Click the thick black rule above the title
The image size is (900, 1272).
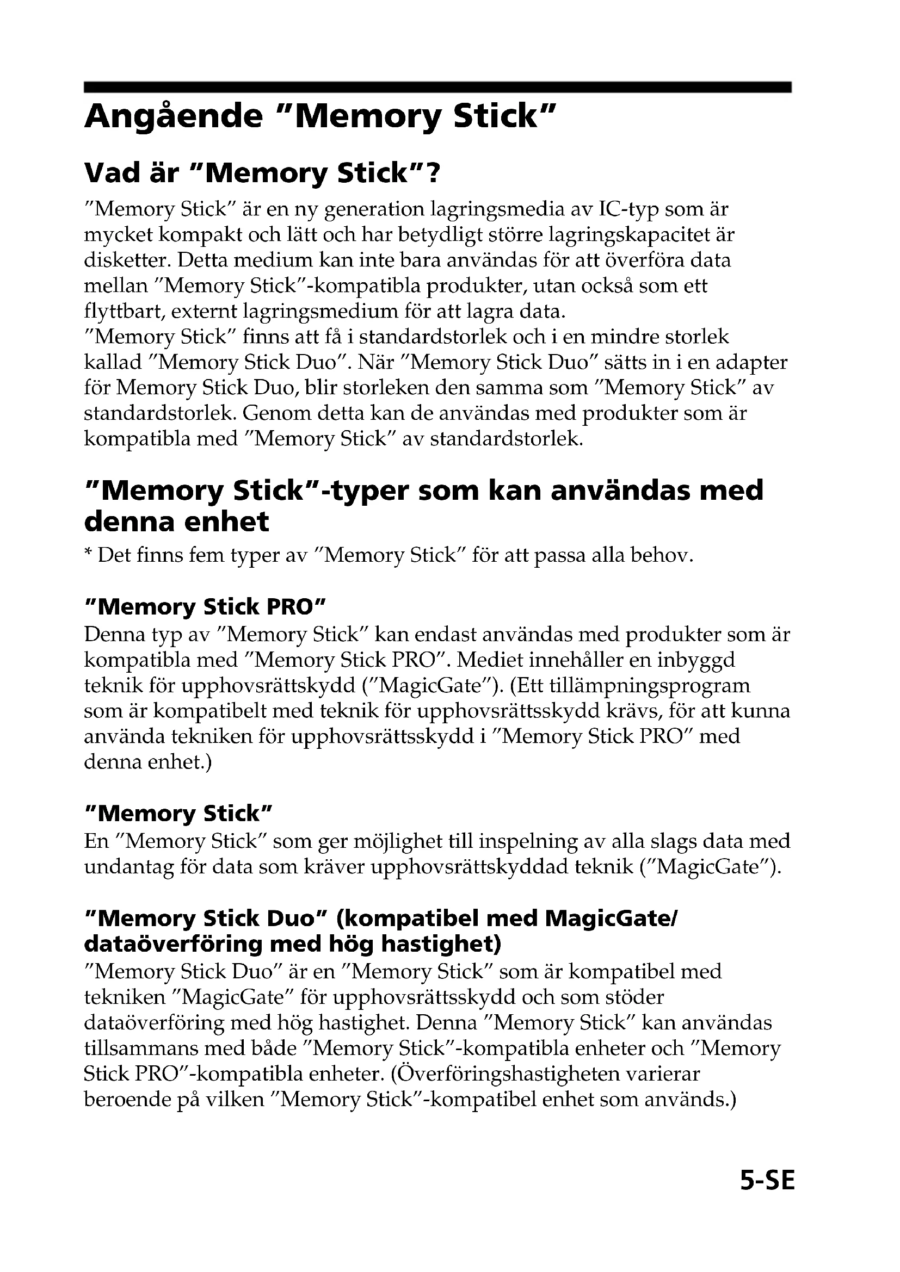(x=437, y=87)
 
